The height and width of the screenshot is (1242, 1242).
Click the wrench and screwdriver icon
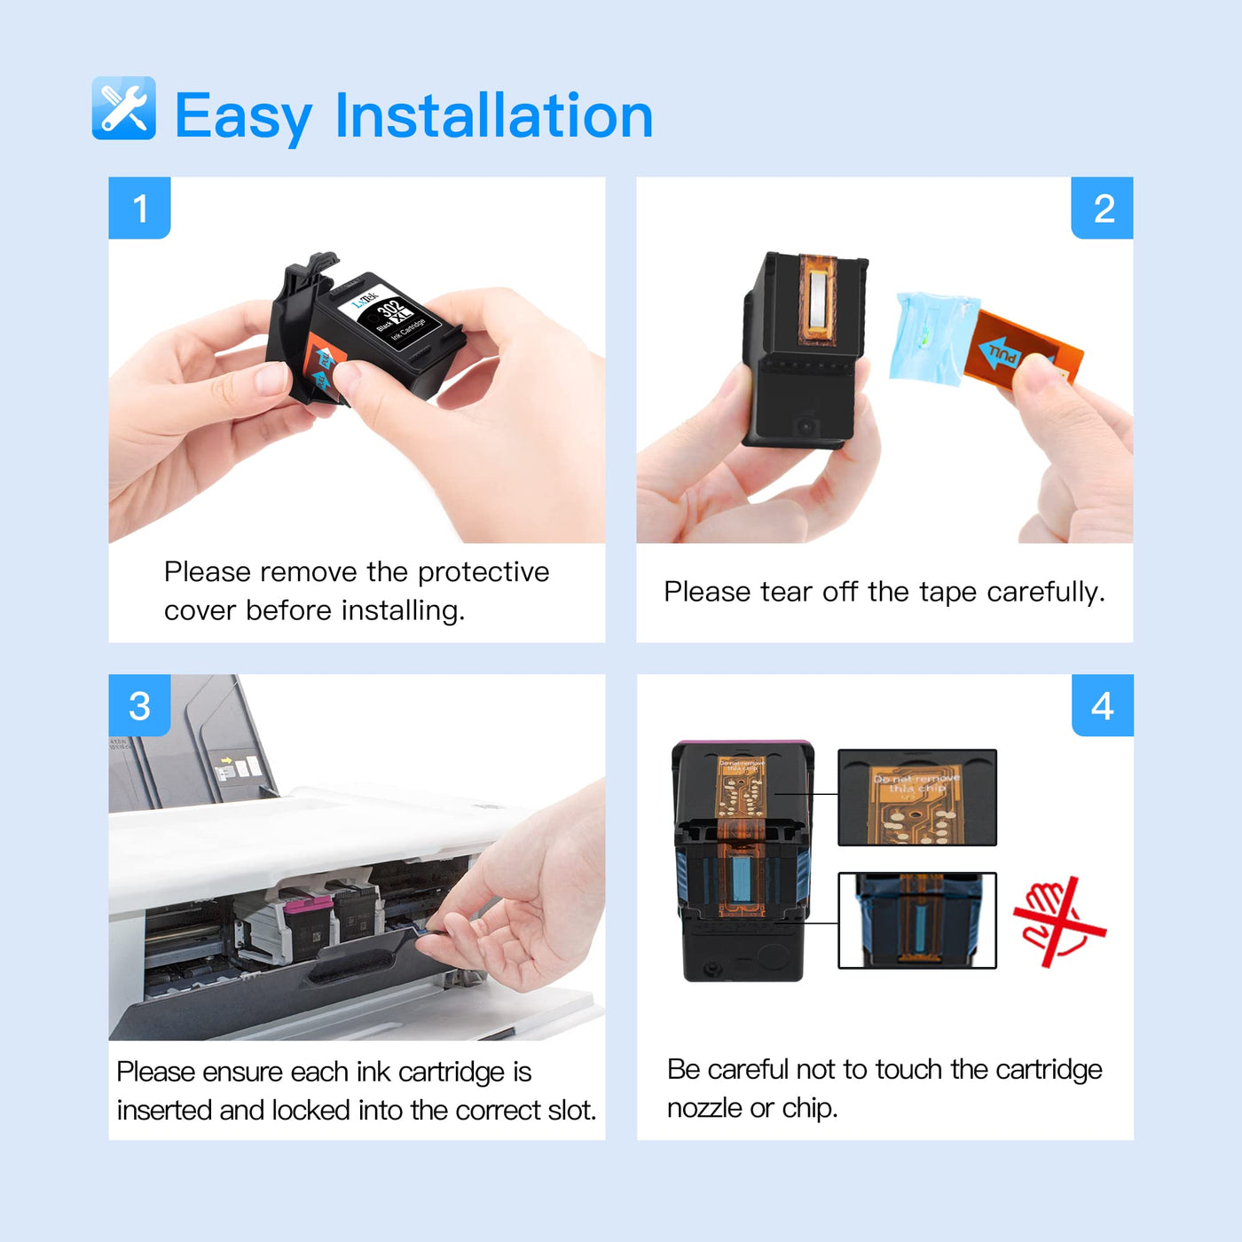point(123,108)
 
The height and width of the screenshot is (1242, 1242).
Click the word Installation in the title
point(493,116)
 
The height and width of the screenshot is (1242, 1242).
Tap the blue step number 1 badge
point(139,208)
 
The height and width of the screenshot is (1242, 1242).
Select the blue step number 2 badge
point(1103,208)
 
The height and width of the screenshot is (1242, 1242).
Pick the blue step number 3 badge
point(139,706)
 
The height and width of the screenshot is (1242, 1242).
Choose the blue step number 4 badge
point(1103,706)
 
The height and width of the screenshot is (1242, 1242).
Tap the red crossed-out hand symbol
point(1059,923)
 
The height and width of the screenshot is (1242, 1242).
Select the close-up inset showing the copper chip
point(917,797)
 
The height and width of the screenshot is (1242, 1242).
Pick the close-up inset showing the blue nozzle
point(917,920)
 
